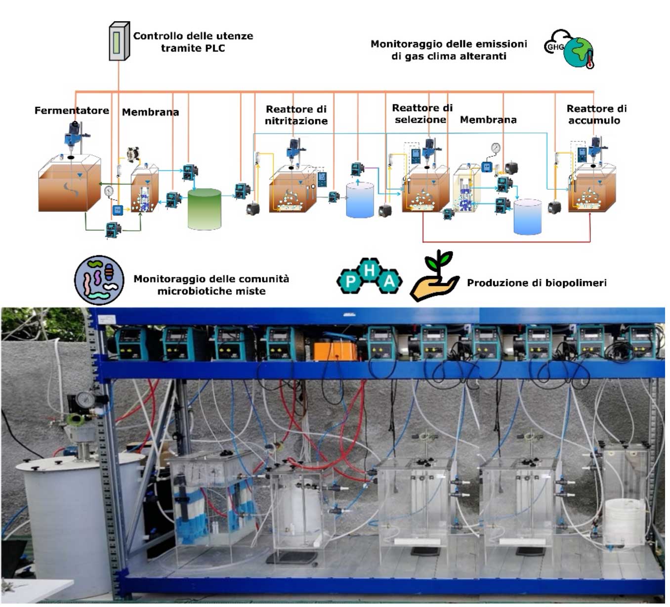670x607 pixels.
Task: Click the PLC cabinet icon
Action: pyautogui.click(x=119, y=42)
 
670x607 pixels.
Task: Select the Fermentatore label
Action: pyautogui.click(x=72, y=111)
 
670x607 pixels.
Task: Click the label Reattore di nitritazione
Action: pyautogui.click(x=296, y=115)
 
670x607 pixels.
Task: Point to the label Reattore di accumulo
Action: pyautogui.click(x=596, y=115)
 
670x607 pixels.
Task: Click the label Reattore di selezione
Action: pyautogui.click(x=422, y=114)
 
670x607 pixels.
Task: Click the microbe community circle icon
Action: pyautogui.click(x=99, y=280)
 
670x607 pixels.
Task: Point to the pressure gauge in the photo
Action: pyautogui.click(x=85, y=399)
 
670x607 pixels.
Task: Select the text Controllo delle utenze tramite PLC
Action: pyautogui.click(x=193, y=42)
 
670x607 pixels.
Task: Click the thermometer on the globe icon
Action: pyautogui.click(x=589, y=61)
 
